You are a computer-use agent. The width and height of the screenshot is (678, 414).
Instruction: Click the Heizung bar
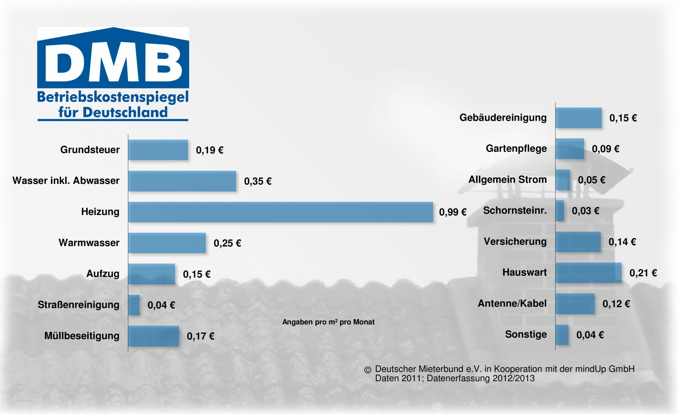coord(280,212)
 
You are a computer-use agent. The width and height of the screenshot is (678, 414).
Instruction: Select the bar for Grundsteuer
coord(158,150)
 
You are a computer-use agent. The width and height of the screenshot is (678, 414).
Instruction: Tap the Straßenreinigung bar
coord(134,305)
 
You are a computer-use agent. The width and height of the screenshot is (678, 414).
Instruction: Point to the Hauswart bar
coord(588,273)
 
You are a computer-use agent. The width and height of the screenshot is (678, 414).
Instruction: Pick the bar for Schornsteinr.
coord(560,211)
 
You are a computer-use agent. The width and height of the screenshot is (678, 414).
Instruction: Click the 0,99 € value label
coord(453,212)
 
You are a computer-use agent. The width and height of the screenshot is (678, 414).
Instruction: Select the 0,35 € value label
coord(258,181)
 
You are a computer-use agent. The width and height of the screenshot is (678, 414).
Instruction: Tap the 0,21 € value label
coord(643,273)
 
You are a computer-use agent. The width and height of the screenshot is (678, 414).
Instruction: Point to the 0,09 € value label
coord(606,149)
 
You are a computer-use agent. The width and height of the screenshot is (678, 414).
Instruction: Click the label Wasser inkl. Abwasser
coord(66,181)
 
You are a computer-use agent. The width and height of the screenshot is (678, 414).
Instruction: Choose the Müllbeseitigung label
coord(82,336)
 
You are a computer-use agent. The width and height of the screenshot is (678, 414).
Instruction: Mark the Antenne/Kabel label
coord(512,303)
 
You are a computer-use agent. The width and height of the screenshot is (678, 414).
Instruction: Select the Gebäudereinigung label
coord(503,118)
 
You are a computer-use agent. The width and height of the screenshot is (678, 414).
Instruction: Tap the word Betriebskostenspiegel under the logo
coord(113,97)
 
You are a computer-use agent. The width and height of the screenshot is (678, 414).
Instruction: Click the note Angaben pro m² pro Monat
coord(328,322)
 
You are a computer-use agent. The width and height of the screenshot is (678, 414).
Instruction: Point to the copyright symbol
coord(368,370)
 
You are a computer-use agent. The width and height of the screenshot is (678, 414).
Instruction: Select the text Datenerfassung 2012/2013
coord(480,379)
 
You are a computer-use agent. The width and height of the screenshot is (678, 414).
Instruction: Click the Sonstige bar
coord(562,335)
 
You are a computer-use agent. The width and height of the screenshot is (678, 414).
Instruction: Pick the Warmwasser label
coord(89,243)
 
